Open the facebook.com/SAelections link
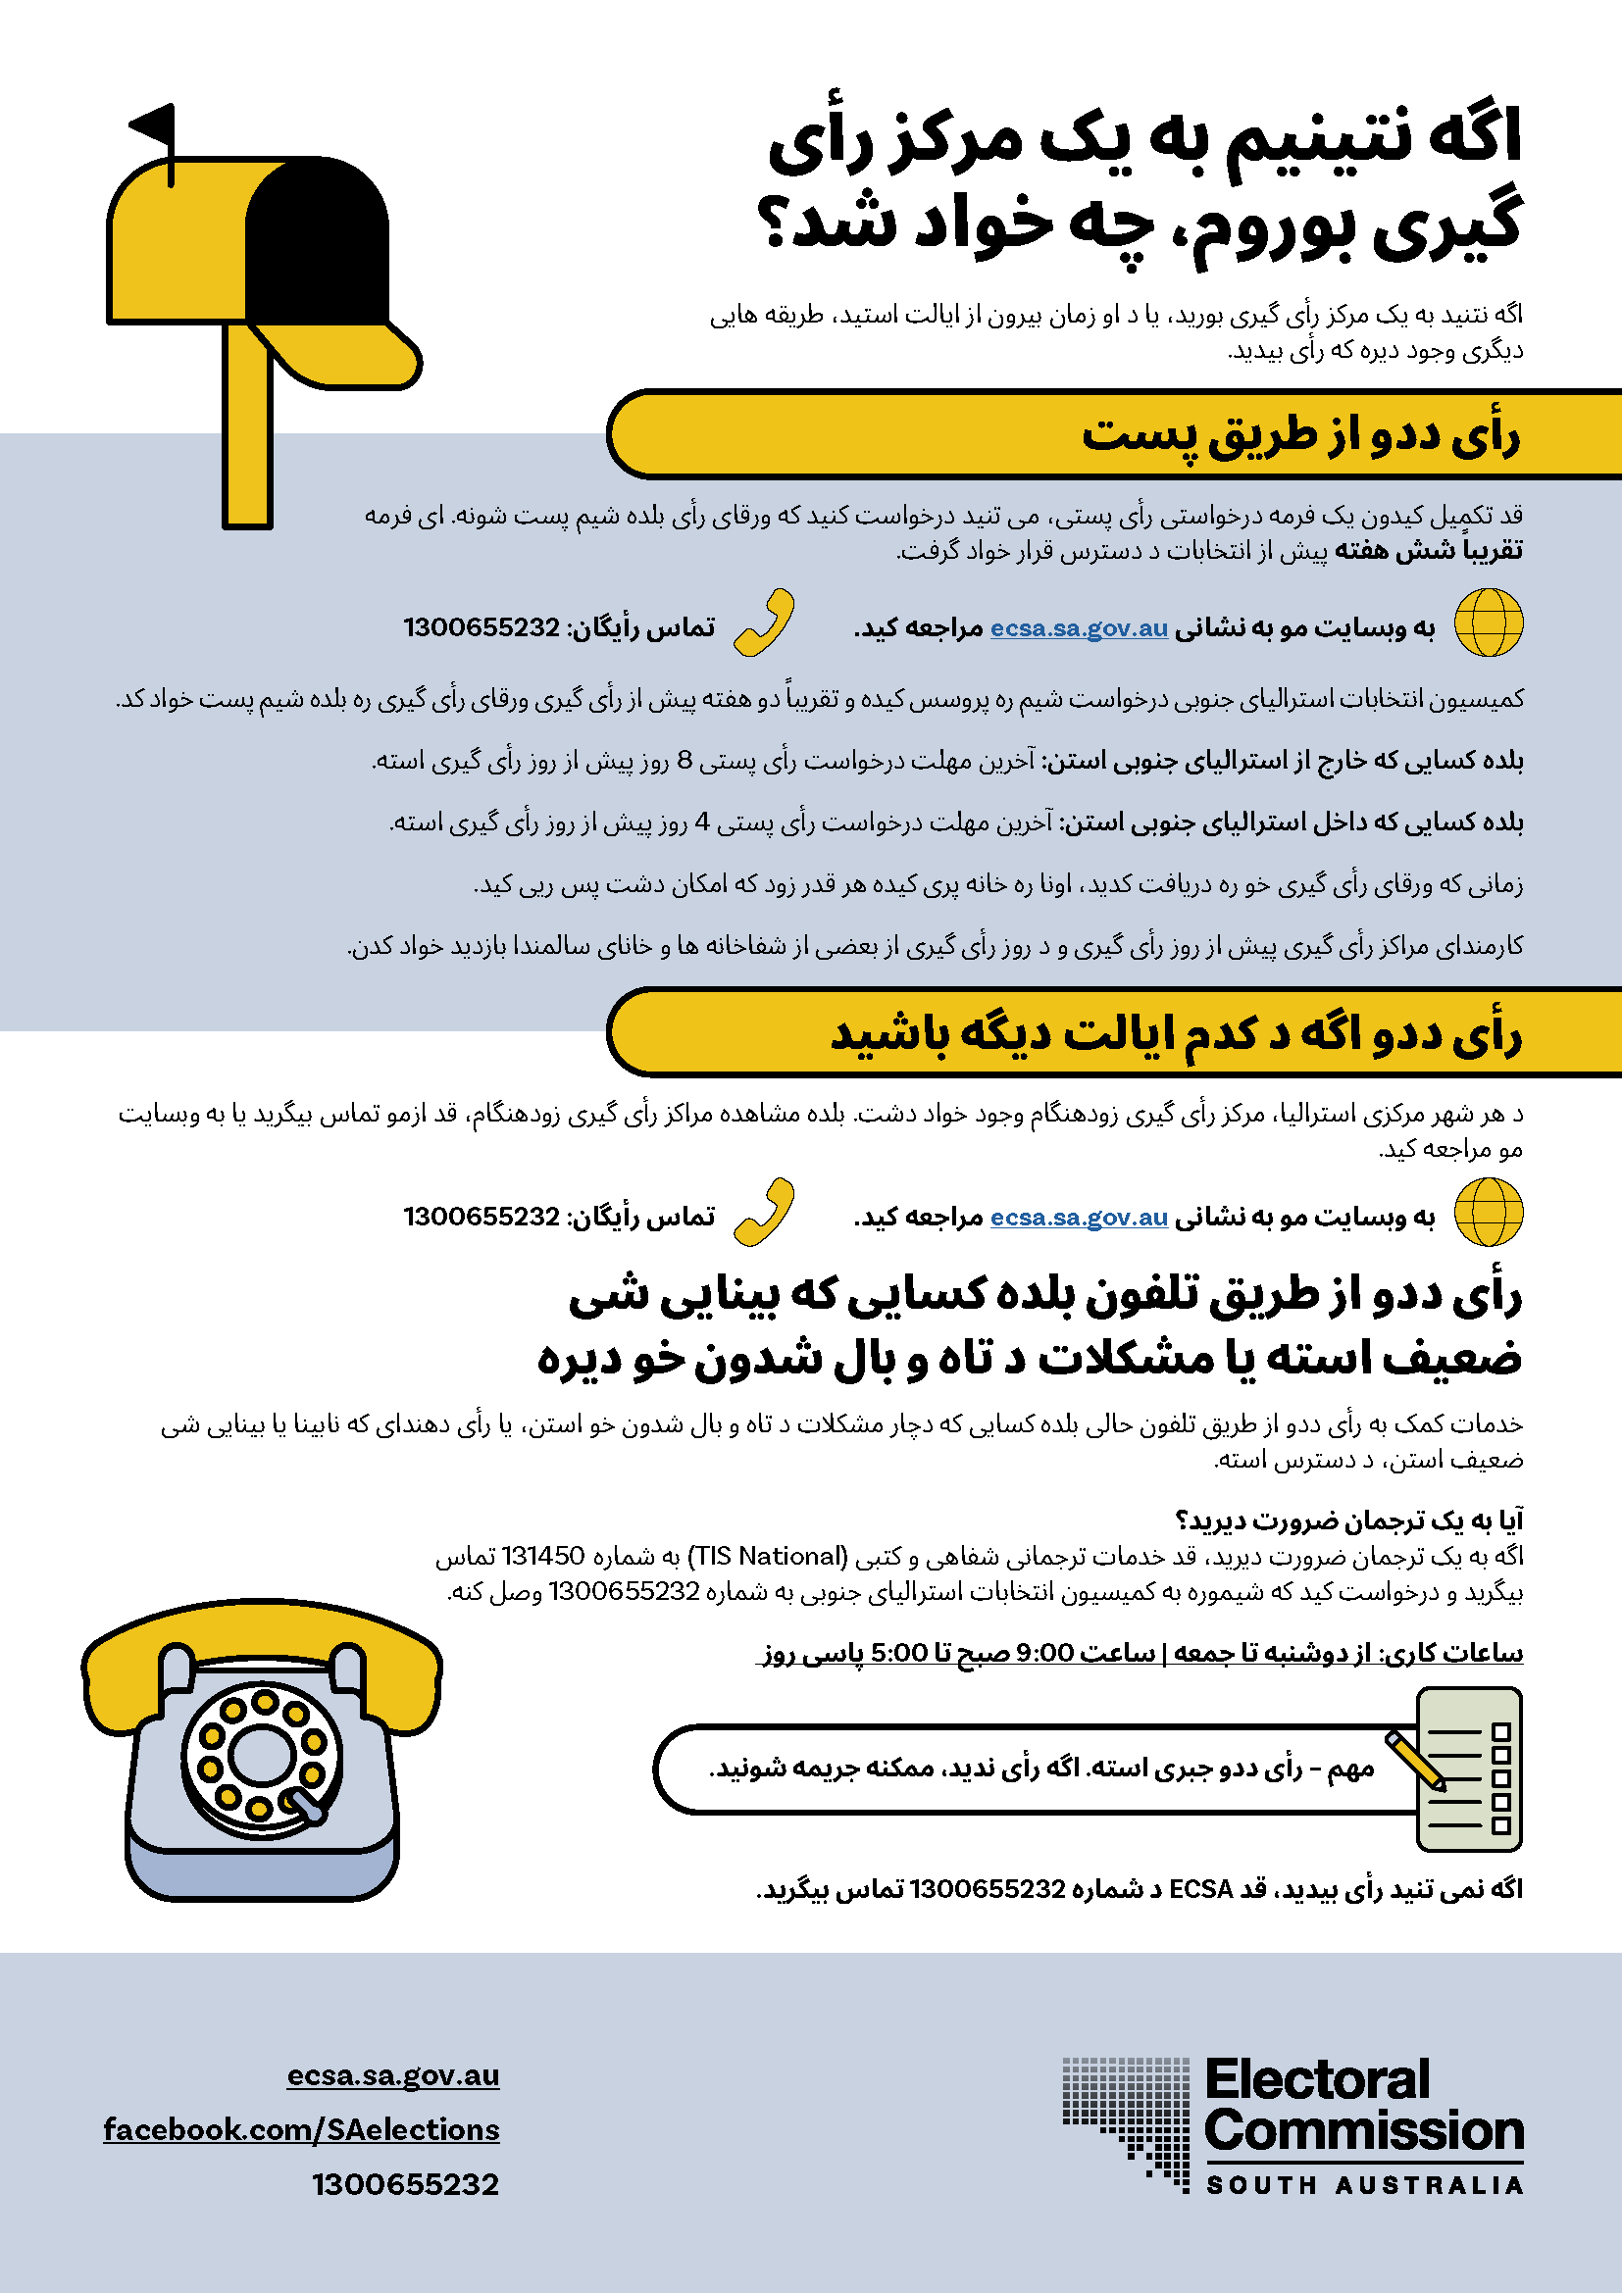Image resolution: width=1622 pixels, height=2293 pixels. point(301,2129)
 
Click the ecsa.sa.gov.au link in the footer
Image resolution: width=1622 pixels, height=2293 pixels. point(392,2075)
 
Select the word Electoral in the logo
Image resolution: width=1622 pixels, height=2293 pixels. point(1317,2080)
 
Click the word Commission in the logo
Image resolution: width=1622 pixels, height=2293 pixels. point(1363,2130)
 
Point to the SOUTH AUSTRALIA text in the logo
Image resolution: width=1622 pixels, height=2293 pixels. point(1364,2186)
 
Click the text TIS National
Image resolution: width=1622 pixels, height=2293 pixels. point(767,1556)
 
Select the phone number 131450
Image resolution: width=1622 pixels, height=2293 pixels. point(542,1556)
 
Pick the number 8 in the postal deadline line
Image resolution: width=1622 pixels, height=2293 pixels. point(684,761)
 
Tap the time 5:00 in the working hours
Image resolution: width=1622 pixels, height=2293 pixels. point(899,1653)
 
